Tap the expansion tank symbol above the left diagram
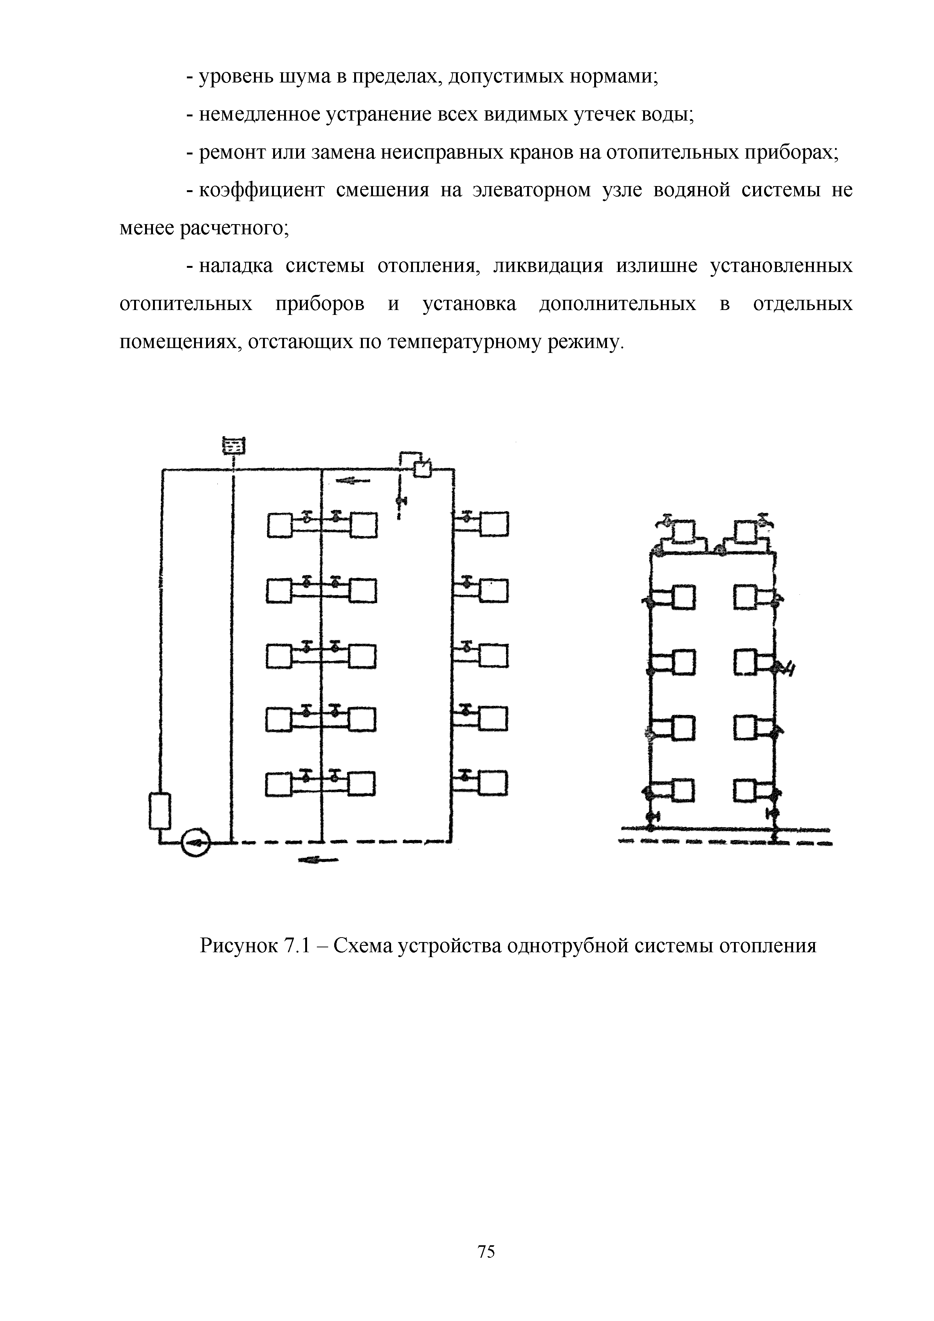click(x=233, y=445)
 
